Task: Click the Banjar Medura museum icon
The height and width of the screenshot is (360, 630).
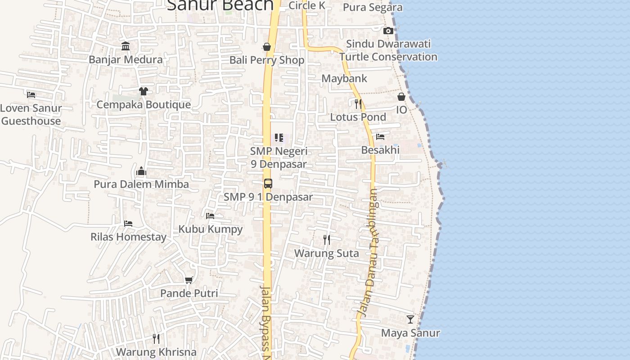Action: click(126, 46)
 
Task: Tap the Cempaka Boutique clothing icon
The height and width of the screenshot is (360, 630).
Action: click(144, 91)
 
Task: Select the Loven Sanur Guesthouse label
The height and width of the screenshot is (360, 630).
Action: click(31, 114)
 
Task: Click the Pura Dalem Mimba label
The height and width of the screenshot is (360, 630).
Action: click(141, 184)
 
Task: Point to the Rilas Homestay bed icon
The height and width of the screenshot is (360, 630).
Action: click(128, 223)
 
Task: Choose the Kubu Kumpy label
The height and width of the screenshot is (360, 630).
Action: click(211, 229)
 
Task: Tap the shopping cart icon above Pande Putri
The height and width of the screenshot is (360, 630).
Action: click(189, 280)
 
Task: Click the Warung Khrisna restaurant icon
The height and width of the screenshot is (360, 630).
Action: click(156, 338)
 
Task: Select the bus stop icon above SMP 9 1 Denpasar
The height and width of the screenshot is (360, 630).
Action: click(268, 183)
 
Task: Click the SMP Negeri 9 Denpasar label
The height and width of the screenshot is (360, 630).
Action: click(279, 157)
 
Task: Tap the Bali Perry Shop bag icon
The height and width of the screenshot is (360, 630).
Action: click(267, 47)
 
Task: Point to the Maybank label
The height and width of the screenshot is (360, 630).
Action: click(344, 78)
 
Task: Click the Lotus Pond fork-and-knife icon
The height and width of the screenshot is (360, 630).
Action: click(358, 104)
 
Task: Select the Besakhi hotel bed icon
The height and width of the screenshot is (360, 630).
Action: click(380, 137)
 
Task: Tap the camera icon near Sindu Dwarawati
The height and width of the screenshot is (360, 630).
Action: click(388, 31)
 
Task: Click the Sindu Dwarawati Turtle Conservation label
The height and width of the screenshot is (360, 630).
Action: click(388, 50)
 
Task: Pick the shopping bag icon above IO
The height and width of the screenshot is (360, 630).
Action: click(401, 97)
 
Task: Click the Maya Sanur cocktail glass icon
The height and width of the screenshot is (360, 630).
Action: click(410, 319)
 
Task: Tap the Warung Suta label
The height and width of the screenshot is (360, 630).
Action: click(327, 253)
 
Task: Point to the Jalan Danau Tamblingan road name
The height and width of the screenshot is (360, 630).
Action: click(368, 252)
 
